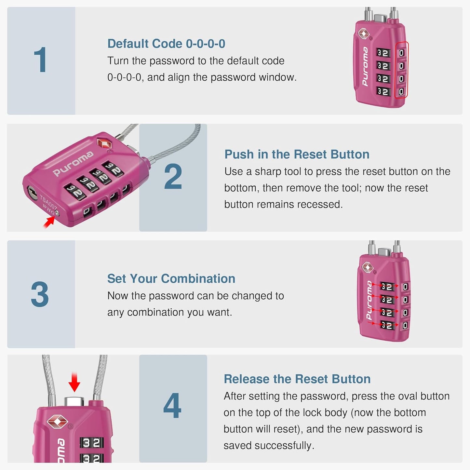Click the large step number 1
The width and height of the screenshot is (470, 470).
tap(41, 60)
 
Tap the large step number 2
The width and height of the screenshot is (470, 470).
tap(173, 177)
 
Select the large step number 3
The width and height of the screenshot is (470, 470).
tap(40, 294)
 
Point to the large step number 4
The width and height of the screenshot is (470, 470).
tap(172, 406)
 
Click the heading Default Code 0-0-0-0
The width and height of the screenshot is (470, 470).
tap(166, 44)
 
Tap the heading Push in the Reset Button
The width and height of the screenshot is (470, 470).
tap(297, 154)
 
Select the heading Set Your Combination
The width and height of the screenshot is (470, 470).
tap(171, 278)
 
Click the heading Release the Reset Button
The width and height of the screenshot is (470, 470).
tap(297, 379)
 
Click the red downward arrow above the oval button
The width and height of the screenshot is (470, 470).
tap(74, 383)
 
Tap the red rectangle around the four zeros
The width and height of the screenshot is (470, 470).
tap(401, 70)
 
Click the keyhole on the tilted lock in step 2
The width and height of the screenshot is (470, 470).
tap(32, 192)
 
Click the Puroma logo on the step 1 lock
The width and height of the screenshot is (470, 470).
tap(365, 67)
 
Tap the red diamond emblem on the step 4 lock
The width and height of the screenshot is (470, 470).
tap(57, 422)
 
